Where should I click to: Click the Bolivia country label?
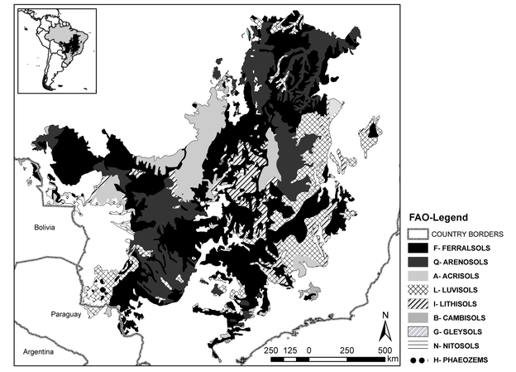(x=37, y=226)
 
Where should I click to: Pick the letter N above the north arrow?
(x=385, y=315)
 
